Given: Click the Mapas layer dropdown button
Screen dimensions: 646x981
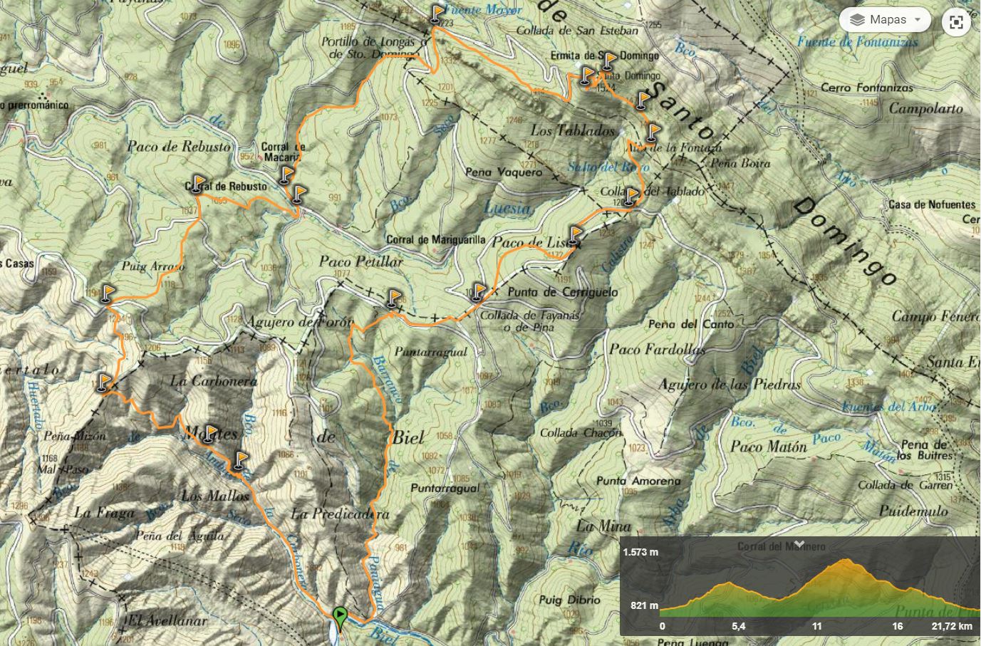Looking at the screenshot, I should pyautogui.click(x=885, y=20).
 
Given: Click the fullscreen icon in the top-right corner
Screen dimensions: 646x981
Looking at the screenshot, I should pyautogui.click(x=956, y=22).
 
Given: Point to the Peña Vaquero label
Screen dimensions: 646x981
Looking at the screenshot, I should pyautogui.click(x=503, y=172).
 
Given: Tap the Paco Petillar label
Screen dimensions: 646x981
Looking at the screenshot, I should pyautogui.click(x=360, y=261).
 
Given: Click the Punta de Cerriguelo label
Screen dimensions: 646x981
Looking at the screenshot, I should pyautogui.click(x=563, y=292).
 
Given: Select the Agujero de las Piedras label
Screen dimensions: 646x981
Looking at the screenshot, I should pyautogui.click(x=730, y=385).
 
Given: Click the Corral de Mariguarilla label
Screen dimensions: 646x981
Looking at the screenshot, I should pyautogui.click(x=436, y=240).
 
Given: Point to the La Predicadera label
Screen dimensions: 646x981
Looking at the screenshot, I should pyautogui.click(x=341, y=514).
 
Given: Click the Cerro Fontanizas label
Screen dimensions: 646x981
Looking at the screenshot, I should pyautogui.click(x=866, y=88).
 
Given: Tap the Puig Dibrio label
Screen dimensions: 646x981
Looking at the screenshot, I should pyautogui.click(x=570, y=600).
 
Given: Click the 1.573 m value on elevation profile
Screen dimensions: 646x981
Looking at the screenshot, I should pyautogui.click(x=640, y=552).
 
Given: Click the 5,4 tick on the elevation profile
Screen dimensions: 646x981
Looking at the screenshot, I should pyautogui.click(x=738, y=626).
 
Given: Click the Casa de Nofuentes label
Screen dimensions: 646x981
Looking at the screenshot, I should pyautogui.click(x=932, y=204).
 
